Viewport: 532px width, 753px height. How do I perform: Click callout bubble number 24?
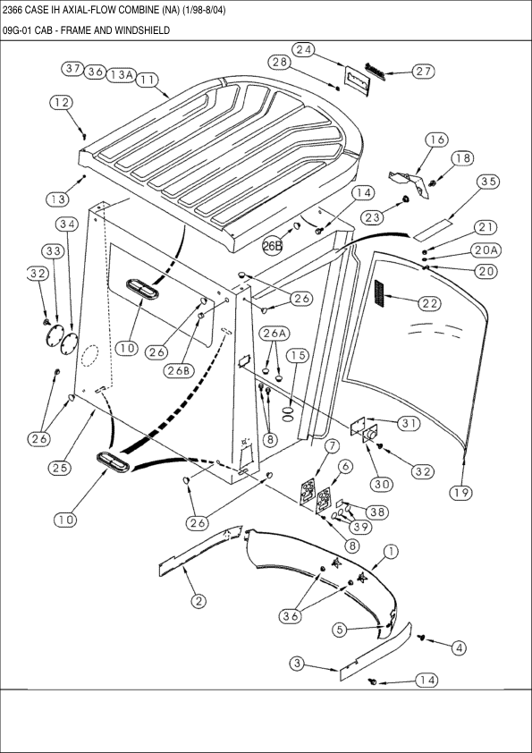[x=303, y=49]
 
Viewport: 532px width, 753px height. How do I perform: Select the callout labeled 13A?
[x=122, y=74]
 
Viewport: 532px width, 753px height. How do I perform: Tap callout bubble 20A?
[x=486, y=250]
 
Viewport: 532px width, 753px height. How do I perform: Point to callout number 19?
[x=461, y=493]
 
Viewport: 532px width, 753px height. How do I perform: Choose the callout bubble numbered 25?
[x=60, y=467]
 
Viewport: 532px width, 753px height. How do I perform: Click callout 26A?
[x=275, y=334]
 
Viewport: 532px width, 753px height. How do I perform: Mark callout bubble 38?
[x=377, y=512]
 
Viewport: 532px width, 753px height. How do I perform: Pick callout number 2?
[x=198, y=601]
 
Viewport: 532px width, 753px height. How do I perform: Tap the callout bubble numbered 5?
[x=340, y=630]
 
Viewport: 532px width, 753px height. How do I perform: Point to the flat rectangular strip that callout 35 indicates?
[x=434, y=230]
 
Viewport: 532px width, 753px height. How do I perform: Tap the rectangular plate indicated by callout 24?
[x=358, y=80]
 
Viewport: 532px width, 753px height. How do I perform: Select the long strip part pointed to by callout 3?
[x=376, y=651]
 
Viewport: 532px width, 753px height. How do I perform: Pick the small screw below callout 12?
[x=84, y=137]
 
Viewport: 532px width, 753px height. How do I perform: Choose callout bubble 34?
[x=67, y=224]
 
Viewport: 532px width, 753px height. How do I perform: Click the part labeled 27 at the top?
[x=376, y=70]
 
